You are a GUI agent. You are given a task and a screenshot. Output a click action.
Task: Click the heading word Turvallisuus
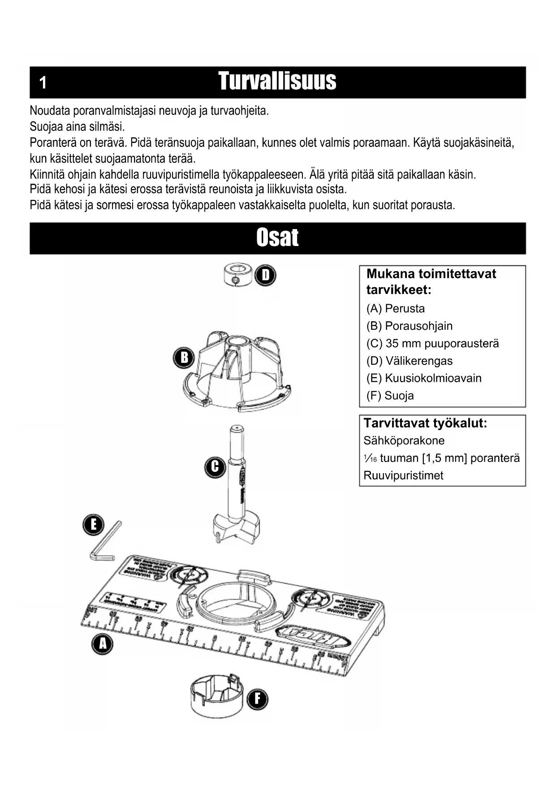coord(277,82)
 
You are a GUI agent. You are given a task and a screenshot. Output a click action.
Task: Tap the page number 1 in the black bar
coord(43,83)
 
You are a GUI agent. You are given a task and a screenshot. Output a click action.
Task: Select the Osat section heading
coord(277,238)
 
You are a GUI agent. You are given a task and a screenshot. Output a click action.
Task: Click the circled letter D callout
coord(266,275)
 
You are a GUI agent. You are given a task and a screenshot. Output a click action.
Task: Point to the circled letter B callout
coord(184,358)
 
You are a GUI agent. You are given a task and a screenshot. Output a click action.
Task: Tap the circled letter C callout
coord(215,466)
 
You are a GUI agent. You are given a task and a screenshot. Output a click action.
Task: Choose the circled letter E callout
coord(93,525)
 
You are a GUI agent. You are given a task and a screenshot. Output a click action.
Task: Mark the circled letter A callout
coord(103,644)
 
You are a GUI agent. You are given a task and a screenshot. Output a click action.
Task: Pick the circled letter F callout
coord(257,699)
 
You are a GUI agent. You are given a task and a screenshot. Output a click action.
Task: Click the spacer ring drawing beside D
coord(237,275)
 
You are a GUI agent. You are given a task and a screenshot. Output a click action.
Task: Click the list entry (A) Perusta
coord(395,308)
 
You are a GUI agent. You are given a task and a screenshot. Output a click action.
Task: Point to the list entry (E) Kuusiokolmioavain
coord(424,378)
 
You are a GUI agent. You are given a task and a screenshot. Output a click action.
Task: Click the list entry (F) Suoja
coord(390,396)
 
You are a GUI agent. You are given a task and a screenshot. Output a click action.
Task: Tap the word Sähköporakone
coord(404,441)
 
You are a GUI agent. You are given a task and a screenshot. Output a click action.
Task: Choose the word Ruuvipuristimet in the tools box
coord(403,475)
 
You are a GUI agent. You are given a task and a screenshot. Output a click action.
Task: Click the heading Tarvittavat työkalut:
coord(425,423)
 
